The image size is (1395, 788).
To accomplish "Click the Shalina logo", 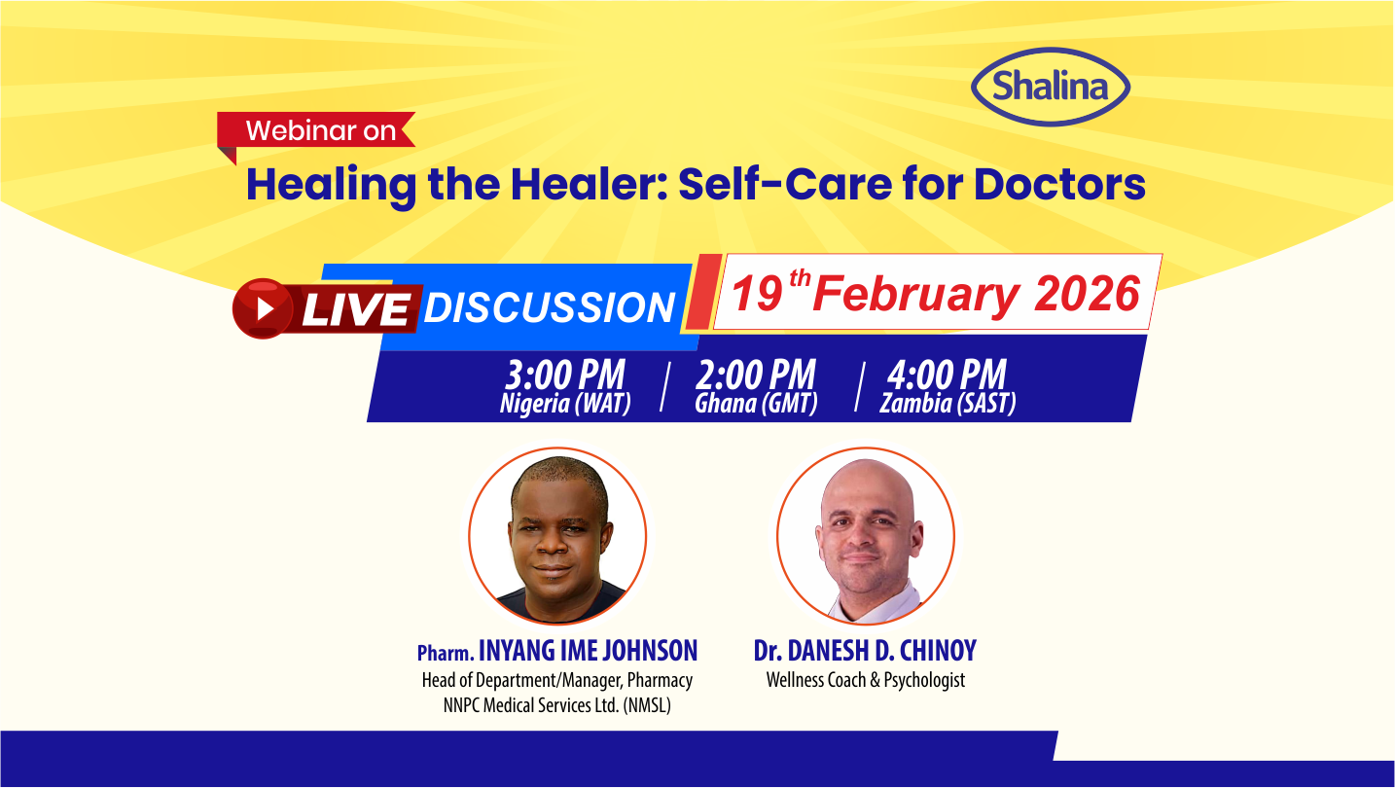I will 1051,87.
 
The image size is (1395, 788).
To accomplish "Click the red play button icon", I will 263,308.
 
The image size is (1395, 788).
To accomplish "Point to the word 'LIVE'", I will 354,309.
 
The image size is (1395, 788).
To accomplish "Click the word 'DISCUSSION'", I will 550,308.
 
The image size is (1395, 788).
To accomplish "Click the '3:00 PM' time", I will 564,376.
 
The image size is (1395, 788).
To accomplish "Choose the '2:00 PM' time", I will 755,376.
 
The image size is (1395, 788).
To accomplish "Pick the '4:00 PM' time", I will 947,376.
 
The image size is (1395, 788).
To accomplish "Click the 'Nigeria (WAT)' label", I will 565,404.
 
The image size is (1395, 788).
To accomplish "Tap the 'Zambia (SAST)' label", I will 948,404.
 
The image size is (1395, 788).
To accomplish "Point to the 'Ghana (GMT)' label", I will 756,404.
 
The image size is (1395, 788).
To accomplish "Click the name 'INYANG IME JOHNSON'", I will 588,651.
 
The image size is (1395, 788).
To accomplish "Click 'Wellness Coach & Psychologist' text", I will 866,680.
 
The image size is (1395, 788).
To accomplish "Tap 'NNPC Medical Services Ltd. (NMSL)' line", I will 557,705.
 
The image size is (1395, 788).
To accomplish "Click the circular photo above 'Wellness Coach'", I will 865,536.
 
